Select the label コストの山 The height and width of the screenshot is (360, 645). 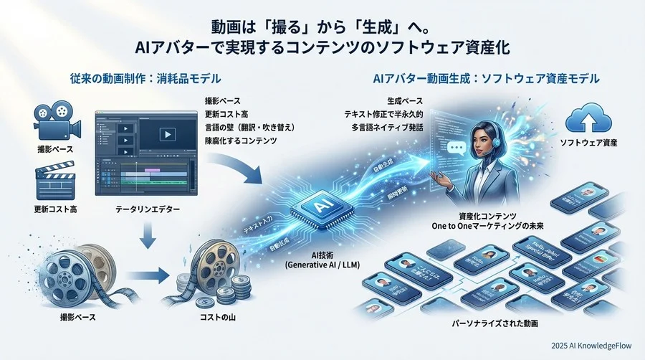click(216, 316)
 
